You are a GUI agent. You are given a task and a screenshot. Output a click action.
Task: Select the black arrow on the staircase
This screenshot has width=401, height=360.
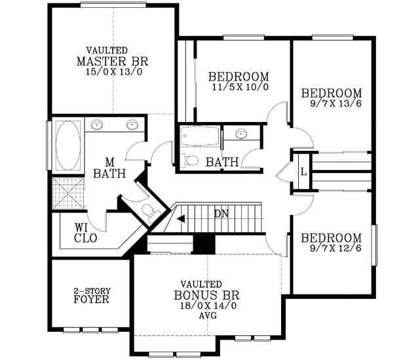(181, 218)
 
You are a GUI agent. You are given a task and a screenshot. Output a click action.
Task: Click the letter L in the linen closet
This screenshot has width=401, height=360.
(303, 172)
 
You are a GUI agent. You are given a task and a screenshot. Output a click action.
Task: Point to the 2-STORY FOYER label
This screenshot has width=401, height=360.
(90, 295)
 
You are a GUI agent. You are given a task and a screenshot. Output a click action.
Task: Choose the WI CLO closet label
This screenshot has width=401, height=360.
(85, 233)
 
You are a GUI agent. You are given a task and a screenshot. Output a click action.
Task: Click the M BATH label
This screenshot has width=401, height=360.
(104, 168)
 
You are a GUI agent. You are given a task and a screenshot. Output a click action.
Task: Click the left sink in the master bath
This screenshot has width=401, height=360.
(97, 125)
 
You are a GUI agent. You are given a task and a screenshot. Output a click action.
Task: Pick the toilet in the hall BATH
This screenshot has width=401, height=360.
(191, 160)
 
